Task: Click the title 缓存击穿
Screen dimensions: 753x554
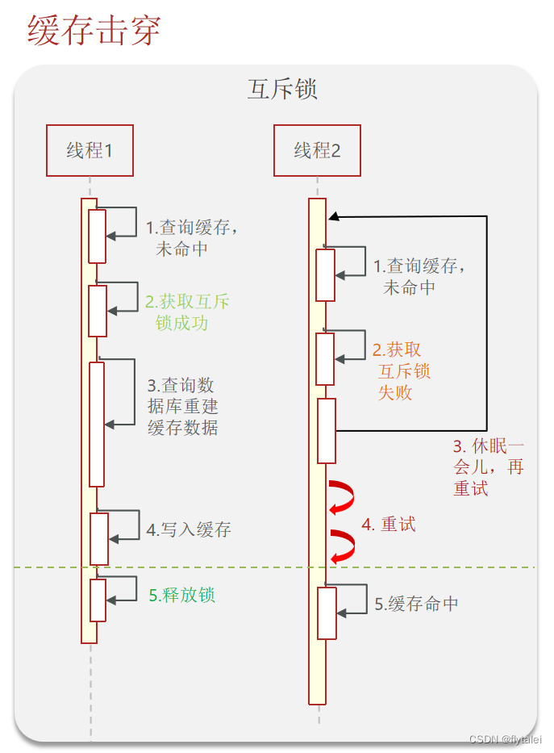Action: [94, 30]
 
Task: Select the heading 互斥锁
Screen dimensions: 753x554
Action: [282, 89]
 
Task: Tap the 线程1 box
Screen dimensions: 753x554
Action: [90, 150]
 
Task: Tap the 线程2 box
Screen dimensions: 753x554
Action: [317, 150]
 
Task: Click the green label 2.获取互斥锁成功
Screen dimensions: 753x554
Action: [187, 312]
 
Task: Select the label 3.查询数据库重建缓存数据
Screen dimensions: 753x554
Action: [182, 406]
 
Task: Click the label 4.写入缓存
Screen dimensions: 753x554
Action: [189, 529]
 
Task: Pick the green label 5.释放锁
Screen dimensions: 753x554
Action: [182, 596]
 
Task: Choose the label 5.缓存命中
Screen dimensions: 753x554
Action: [418, 604]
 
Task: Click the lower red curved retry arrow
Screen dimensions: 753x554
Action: [343, 546]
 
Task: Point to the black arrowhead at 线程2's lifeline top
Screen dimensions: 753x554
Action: [333, 216]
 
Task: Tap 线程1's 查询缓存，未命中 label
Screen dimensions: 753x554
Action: [192, 238]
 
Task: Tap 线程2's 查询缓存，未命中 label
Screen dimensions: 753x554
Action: [419, 276]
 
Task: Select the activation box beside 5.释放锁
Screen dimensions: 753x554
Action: [98, 600]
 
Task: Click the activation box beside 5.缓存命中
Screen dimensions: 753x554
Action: [326, 613]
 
